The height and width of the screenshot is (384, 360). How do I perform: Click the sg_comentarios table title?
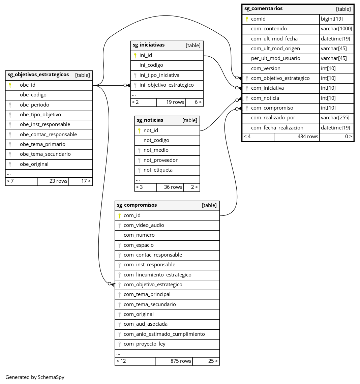click(x=259, y=9)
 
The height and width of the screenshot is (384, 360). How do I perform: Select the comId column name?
click(x=258, y=19)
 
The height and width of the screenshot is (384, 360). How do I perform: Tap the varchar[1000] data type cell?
click(x=336, y=29)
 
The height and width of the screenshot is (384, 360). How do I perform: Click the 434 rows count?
click(x=307, y=137)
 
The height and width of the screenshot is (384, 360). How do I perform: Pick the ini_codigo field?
click(x=151, y=65)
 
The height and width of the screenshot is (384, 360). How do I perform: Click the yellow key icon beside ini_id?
click(x=135, y=55)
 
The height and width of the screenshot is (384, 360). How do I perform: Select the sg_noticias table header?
click(x=150, y=120)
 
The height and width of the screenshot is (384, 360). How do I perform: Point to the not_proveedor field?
click(x=160, y=160)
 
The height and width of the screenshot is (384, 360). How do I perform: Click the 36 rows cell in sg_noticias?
click(x=173, y=187)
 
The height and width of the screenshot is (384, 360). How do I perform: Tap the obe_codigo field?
click(x=33, y=95)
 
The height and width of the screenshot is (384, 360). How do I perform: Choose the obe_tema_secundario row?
click(x=45, y=154)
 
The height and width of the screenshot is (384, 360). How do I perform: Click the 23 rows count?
click(x=58, y=181)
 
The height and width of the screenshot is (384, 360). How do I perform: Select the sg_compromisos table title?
click(x=137, y=205)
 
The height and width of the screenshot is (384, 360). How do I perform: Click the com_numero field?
click(x=139, y=235)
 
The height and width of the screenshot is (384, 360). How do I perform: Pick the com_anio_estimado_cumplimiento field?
click(x=164, y=334)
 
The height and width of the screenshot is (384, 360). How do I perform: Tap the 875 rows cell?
click(x=181, y=361)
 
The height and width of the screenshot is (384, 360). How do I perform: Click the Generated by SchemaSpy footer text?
click(x=35, y=377)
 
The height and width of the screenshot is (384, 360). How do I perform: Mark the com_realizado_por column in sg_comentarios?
click(x=273, y=118)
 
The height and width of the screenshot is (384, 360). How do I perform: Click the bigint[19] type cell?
click(x=332, y=19)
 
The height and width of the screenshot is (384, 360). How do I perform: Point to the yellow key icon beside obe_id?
click(x=10, y=85)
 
